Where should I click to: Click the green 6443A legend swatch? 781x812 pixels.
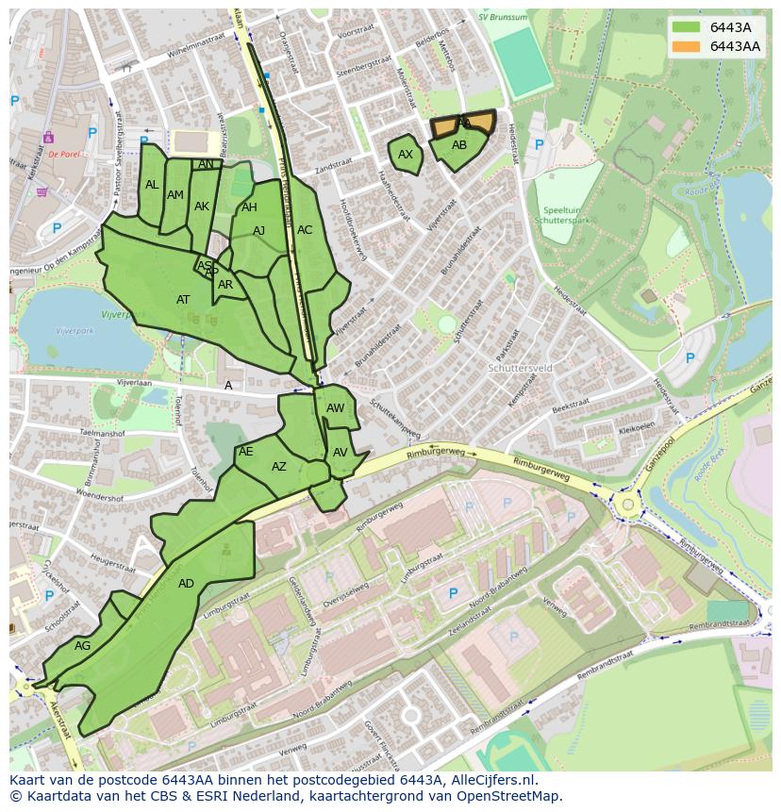pyautogui.click(x=687, y=27)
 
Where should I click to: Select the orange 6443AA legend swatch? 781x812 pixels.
pyautogui.click(x=687, y=46)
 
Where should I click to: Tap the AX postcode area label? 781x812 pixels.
pyautogui.click(x=406, y=155)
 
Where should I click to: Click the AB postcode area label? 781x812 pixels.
pyautogui.click(x=459, y=145)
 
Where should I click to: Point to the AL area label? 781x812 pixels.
pyautogui.click(x=152, y=185)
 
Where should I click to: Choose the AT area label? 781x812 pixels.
pyautogui.click(x=183, y=300)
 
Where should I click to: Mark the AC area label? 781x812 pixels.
pyautogui.click(x=305, y=230)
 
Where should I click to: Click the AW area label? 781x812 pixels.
pyautogui.click(x=336, y=408)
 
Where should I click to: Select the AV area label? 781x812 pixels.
pyautogui.click(x=341, y=453)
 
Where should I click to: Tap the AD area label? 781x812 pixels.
pyautogui.click(x=186, y=584)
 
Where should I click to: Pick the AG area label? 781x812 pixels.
pyautogui.click(x=83, y=646)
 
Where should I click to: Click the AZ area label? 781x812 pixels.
pyautogui.click(x=279, y=467)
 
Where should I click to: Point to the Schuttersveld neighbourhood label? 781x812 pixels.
pyautogui.click(x=519, y=369)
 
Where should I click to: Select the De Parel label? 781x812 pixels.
pyautogui.click(x=64, y=155)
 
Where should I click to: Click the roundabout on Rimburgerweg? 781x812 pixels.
pyautogui.click(x=625, y=505)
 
